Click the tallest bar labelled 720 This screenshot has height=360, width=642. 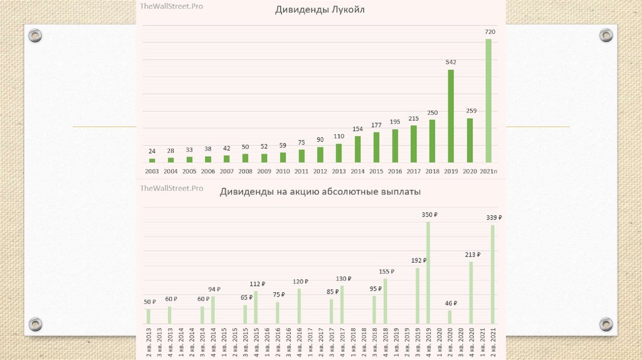click(x=488, y=100)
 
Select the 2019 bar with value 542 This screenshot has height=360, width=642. click(x=451, y=116)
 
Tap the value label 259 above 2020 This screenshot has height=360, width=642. click(x=471, y=111)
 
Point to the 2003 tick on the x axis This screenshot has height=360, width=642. click(x=152, y=171)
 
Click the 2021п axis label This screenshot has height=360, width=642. click(x=489, y=171)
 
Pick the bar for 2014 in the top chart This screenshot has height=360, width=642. click(x=357, y=149)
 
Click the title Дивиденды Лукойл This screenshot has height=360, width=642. click(x=320, y=10)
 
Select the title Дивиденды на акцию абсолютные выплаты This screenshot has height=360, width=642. click(x=320, y=192)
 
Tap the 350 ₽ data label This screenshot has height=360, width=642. click(x=429, y=214)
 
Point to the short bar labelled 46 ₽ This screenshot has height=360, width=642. click(x=450, y=317)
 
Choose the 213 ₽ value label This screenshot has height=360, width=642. click(x=472, y=255)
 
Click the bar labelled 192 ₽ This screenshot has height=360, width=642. click(x=418, y=295)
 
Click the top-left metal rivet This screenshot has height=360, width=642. click(x=36, y=35)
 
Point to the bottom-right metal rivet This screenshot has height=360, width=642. click(x=606, y=324)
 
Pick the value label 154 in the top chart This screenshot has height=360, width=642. click(x=357, y=129)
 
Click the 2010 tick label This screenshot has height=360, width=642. click(x=283, y=171)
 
